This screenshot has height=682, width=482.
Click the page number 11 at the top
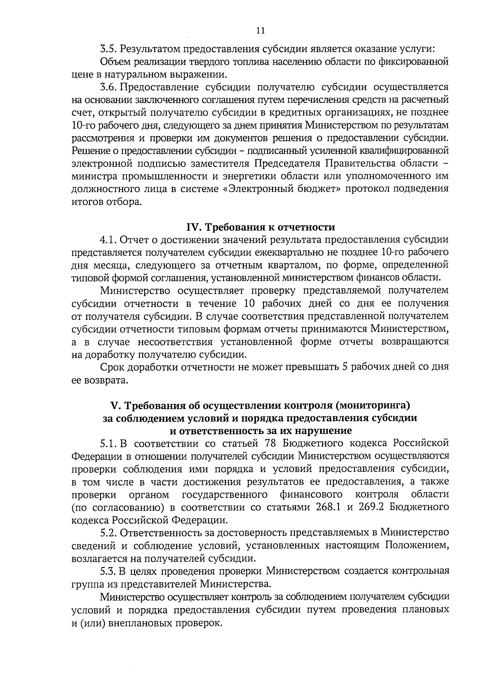260,31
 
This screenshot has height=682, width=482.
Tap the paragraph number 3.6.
108,87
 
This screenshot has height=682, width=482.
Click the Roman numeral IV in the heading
193,227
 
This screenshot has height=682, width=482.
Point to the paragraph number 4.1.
108,240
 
